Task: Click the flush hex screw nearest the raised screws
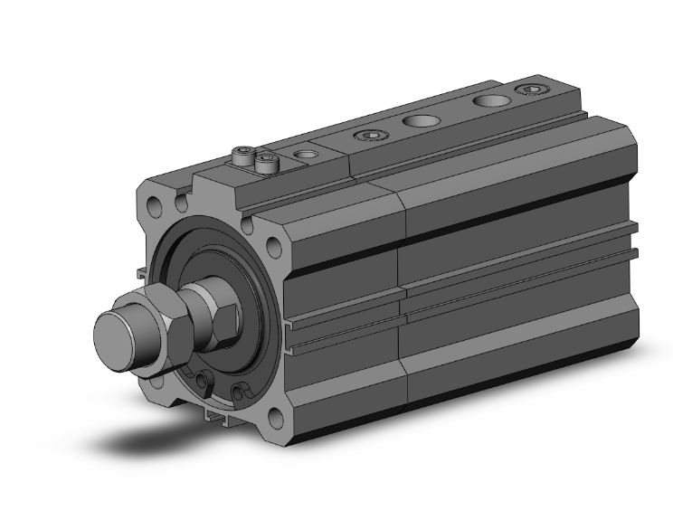(370, 137)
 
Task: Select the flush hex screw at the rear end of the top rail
(529, 89)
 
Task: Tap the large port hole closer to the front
(421, 119)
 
